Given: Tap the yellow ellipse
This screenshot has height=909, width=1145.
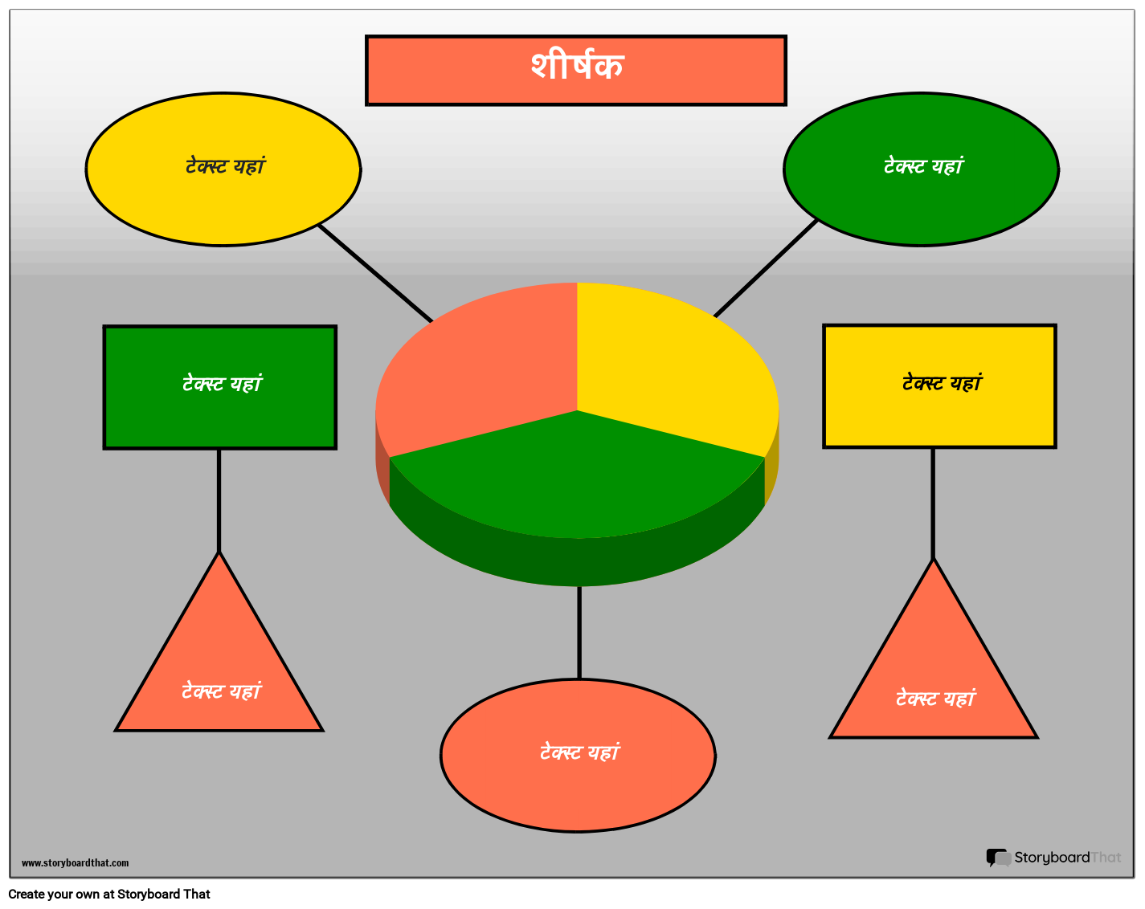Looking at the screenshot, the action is [x=223, y=169].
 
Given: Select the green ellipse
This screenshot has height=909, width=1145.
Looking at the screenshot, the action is [x=921, y=169].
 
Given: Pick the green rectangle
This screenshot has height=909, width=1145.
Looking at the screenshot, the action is [x=219, y=387].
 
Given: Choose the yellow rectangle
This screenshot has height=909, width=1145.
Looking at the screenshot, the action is [x=939, y=386].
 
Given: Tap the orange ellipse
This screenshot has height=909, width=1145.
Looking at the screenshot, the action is [x=578, y=756].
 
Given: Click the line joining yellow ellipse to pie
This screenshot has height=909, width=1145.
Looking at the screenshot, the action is [x=375, y=273].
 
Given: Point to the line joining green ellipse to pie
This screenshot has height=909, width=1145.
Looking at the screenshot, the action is [x=765, y=268].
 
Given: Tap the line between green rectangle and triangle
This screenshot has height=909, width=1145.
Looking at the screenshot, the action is [x=219, y=500].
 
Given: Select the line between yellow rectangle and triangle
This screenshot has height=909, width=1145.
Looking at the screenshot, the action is [x=933, y=503].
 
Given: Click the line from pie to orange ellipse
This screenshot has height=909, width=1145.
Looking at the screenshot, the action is [x=579, y=633].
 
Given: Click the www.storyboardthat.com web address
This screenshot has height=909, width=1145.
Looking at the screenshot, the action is [x=75, y=862].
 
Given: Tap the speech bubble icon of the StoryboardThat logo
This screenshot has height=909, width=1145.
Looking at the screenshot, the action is [x=998, y=858].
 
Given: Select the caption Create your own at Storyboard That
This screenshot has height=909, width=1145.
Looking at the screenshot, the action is [x=109, y=894].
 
